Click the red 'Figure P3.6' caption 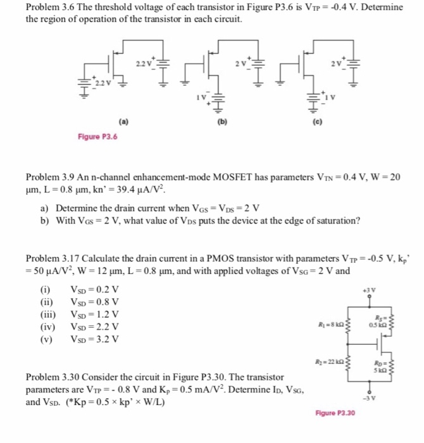[x=98, y=135]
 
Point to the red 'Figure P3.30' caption [x=335, y=413]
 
